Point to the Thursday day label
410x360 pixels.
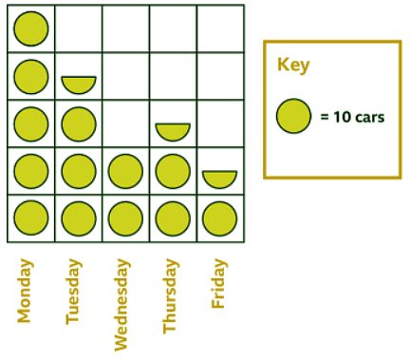pyautogui.click(x=170, y=297)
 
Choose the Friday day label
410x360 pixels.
pyautogui.click(x=218, y=284)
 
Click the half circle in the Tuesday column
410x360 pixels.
pyautogui.click(x=79, y=84)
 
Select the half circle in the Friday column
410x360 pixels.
pyautogui.click(x=219, y=178)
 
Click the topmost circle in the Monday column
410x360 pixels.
pyautogui.click(x=31, y=28)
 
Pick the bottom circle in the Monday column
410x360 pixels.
pyautogui.click(x=31, y=218)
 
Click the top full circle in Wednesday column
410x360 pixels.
pyautogui.click(x=125, y=171)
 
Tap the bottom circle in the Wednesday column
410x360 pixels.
pyautogui.click(x=125, y=218)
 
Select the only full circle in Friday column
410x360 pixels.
pyautogui.click(x=219, y=218)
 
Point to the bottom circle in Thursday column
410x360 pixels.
pyautogui.click(x=173, y=218)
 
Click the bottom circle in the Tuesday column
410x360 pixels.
pyautogui.click(x=79, y=218)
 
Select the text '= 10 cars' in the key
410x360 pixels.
pyautogui.click(x=352, y=118)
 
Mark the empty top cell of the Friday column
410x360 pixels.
pyautogui.click(x=219, y=28)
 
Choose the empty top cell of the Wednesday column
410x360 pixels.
pyautogui.click(x=125, y=28)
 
